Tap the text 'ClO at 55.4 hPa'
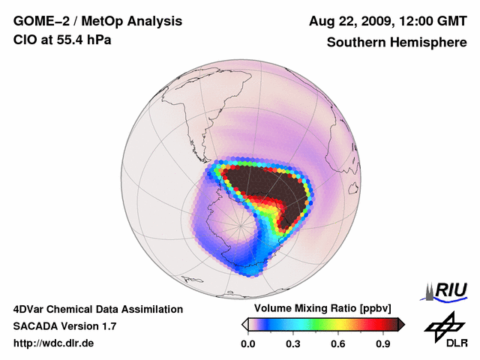point(62,40)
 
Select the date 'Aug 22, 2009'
point(352,22)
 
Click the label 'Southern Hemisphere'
point(396,42)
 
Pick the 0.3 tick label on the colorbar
point(293,343)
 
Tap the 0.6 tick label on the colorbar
point(338,343)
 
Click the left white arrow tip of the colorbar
point(244,324)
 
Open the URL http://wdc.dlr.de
point(54,343)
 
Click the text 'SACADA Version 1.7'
point(64,326)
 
